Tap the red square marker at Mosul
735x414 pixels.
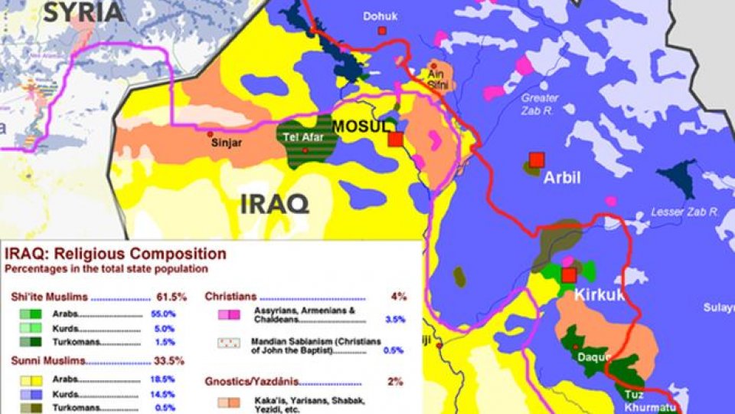pos(395,140)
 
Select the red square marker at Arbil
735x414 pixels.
pos(536,159)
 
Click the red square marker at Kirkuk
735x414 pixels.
pos(568,275)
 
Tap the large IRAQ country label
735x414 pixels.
pos(274,204)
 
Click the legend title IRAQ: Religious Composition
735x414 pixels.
pos(116,255)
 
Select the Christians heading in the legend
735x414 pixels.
pos(230,297)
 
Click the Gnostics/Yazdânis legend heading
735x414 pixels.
pos(252,381)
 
